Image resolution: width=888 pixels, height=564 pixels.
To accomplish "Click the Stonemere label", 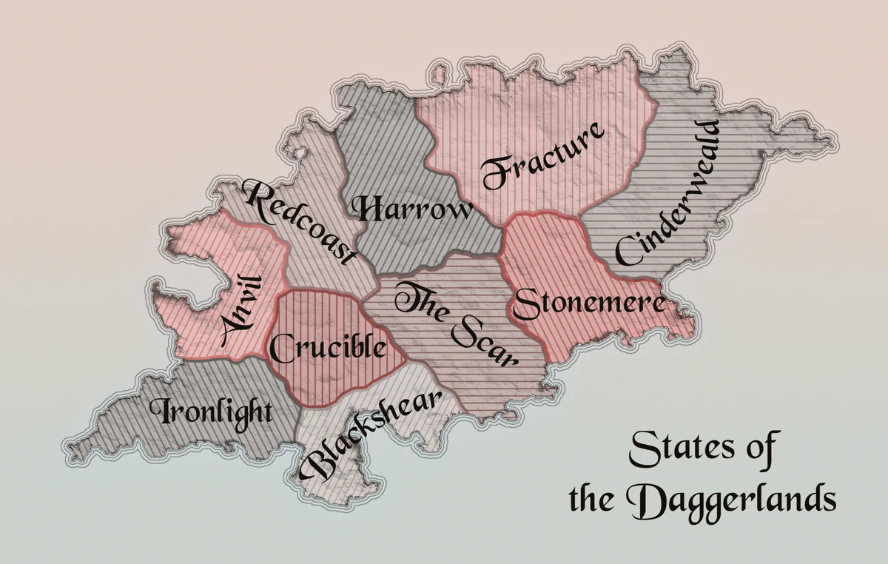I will tap(589, 303).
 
